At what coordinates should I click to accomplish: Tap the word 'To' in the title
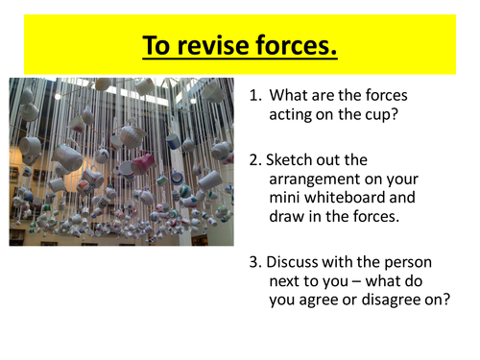pyautogui.click(x=157, y=45)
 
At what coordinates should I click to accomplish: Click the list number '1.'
pyautogui.click(x=255, y=95)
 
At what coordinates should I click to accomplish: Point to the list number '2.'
pyautogui.click(x=255, y=159)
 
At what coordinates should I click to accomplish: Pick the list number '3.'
pyautogui.click(x=255, y=261)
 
